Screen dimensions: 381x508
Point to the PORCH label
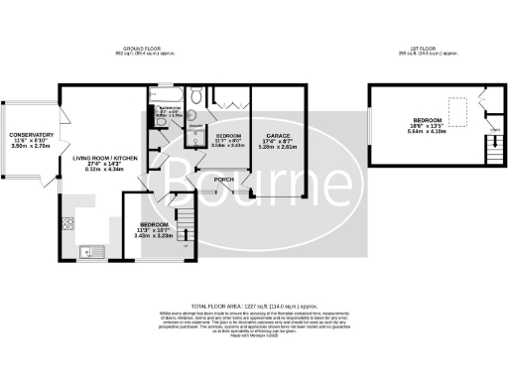[224, 179]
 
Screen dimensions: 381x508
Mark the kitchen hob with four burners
[68, 222]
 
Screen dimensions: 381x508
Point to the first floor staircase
[490, 152]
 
